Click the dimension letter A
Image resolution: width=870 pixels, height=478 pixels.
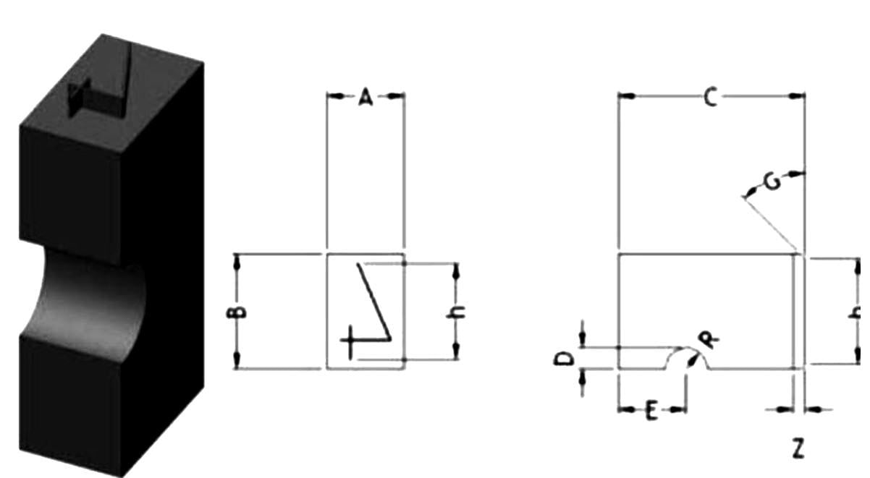(x=366, y=98)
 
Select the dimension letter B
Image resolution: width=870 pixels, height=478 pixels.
(x=236, y=312)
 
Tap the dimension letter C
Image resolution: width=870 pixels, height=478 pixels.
(x=711, y=97)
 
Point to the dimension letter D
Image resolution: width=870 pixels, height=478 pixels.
(x=564, y=359)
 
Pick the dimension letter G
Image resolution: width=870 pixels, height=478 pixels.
(x=772, y=182)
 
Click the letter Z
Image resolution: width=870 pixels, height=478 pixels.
(x=798, y=448)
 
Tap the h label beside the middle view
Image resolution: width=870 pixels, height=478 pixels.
(x=455, y=312)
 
